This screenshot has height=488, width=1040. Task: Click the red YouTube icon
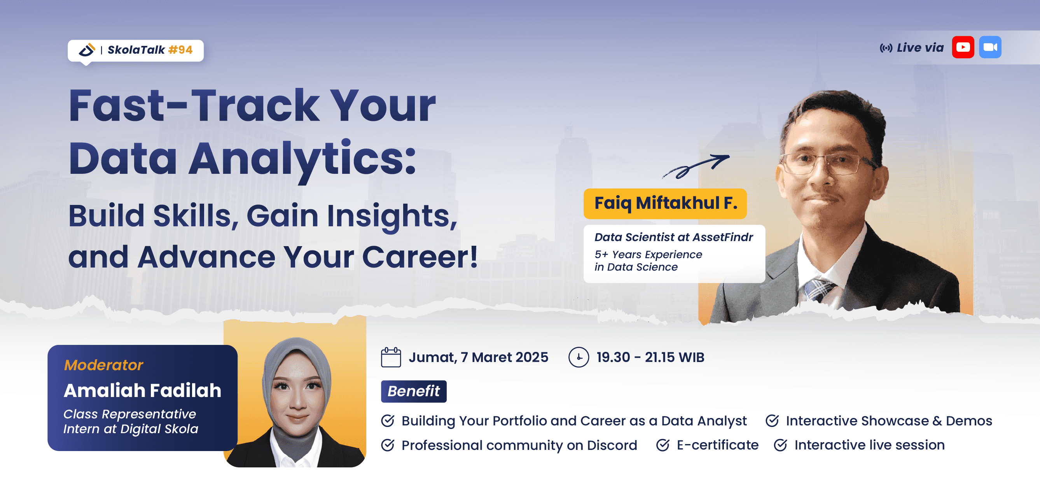tap(963, 47)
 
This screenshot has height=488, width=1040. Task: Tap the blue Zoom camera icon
tap(990, 47)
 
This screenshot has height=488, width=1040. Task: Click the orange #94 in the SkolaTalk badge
tap(180, 50)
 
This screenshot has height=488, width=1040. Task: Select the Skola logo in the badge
tap(86, 50)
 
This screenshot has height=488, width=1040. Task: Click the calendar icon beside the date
tap(390, 357)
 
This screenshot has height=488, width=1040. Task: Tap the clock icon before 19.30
tap(578, 357)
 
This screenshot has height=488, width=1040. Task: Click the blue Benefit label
tap(413, 391)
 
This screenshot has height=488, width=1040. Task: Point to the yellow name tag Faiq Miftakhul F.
tap(664, 203)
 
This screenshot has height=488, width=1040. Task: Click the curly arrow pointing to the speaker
tap(695, 166)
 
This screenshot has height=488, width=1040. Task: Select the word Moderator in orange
tap(103, 365)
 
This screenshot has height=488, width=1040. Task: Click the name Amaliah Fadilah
tap(142, 390)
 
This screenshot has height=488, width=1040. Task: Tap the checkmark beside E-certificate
tap(662, 445)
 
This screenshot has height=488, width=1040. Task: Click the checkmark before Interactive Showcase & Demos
tap(772, 421)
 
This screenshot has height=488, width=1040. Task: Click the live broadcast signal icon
tap(886, 48)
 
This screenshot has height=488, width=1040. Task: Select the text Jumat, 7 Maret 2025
tap(478, 357)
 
